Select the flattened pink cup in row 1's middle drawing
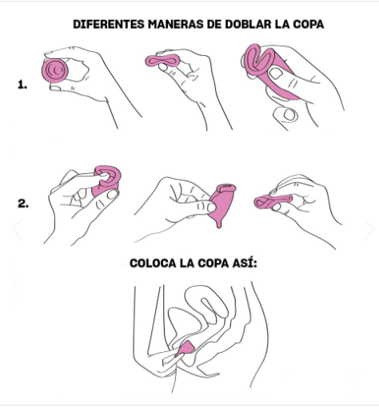coord(166,63)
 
